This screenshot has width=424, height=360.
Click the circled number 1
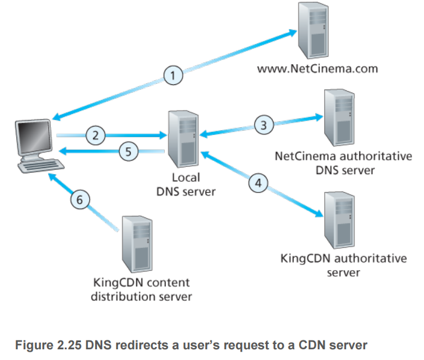pyautogui.click(x=173, y=75)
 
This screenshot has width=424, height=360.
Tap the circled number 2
pyautogui.click(x=96, y=135)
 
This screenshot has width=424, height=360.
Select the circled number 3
pyautogui.click(x=263, y=125)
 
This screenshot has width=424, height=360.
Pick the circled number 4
pyautogui.click(x=258, y=183)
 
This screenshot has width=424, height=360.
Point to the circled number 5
pyautogui.click(x=128, y=151)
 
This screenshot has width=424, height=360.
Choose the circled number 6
pyautogui.click(x=80, y=200)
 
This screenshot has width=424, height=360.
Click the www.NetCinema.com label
pyautogui.click(x=318, y=68)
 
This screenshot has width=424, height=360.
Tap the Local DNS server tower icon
pyautogui.click(x=183, y=139)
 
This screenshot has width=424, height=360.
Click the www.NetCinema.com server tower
pyautogui.click(x=313, y=30)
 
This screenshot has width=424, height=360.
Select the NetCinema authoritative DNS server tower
pyautogui.click(x=340, y=118)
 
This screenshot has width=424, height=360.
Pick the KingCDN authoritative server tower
pyautogui.click(x=340, y=220)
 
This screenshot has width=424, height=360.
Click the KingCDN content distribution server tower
pyautogui.click(x=137, y=244)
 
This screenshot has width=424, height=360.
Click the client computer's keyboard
pyautogui.click(x=41, y=166)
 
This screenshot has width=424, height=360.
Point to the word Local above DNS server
pyautogui.click(x=186, y=178)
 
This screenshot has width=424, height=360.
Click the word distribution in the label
pyautogui.click(x=123, y=296)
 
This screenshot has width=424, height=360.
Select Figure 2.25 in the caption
pyautogui.click(x=48, y=345)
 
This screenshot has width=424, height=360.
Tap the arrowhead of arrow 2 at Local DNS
pyautogui.click(x=163, y=135)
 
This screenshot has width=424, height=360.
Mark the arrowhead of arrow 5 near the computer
pyautogui.click(x=62, y=151)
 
